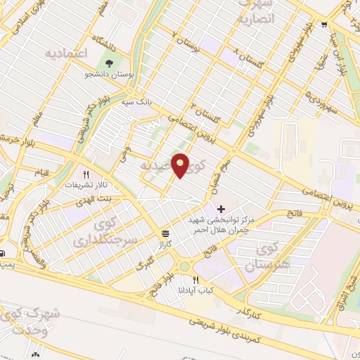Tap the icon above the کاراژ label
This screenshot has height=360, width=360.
tap(165, 233)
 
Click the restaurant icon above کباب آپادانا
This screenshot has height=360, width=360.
tap(195, 279)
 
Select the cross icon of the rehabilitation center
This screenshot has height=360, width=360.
tap(221, 208)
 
